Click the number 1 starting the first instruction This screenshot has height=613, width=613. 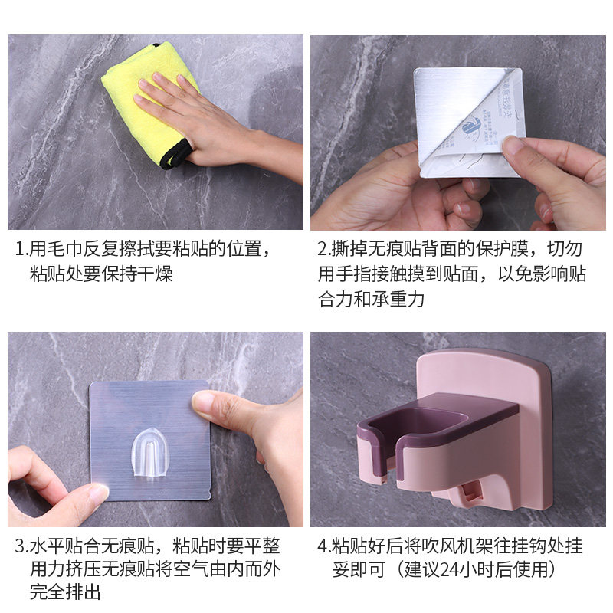click(x=21, y=250)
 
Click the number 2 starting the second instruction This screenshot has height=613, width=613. click(x=323, y=250)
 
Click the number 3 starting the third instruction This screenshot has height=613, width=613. click(x=21, y=547)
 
